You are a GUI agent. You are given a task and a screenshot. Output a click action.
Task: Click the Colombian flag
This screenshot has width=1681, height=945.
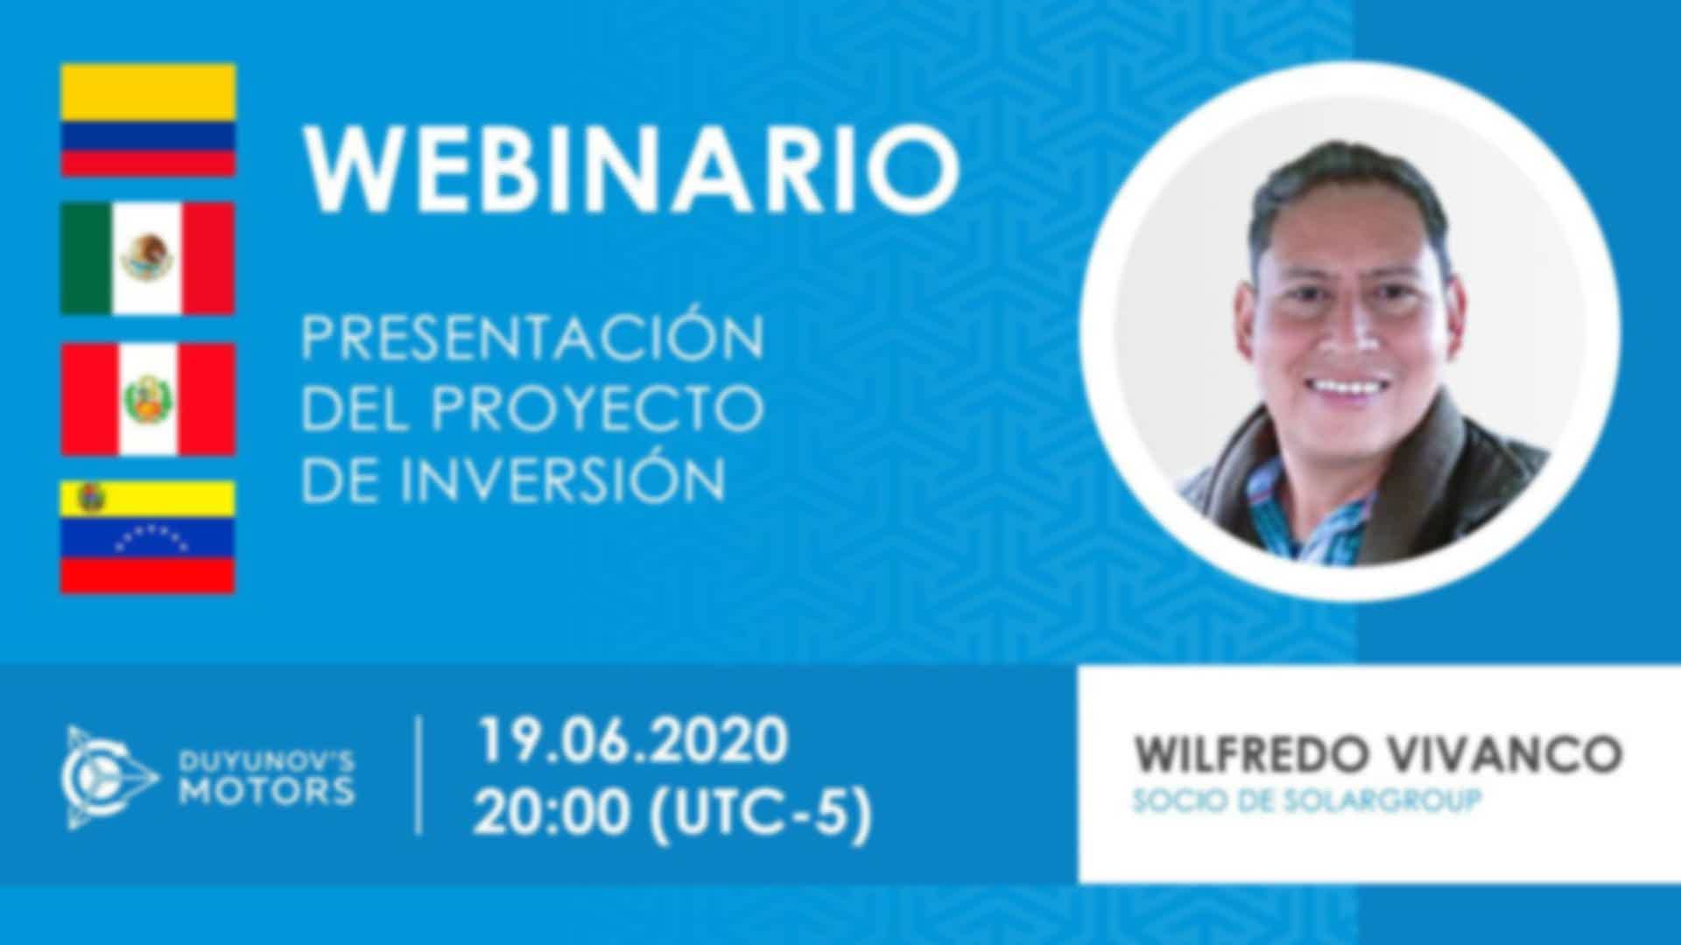[148, 120]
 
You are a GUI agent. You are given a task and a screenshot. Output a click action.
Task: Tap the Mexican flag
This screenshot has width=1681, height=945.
[148, 259]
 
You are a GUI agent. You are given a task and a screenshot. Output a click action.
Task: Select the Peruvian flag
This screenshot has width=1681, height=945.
[148, 399]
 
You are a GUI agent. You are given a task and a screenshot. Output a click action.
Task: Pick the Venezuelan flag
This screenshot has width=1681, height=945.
[148, 537]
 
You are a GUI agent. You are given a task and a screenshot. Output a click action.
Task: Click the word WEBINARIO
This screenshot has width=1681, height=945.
[631, 169]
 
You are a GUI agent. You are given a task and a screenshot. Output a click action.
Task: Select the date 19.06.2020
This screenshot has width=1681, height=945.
[631, 740]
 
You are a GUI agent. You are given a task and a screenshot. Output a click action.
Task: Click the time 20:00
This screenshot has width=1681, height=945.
[552, 813]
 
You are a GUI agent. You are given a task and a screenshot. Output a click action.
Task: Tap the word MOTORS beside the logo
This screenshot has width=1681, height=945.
[267, 791]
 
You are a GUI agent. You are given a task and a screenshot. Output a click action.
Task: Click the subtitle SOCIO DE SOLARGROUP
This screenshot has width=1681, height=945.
[1307, 801]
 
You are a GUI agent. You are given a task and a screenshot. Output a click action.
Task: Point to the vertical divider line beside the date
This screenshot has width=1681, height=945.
[418, 775]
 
